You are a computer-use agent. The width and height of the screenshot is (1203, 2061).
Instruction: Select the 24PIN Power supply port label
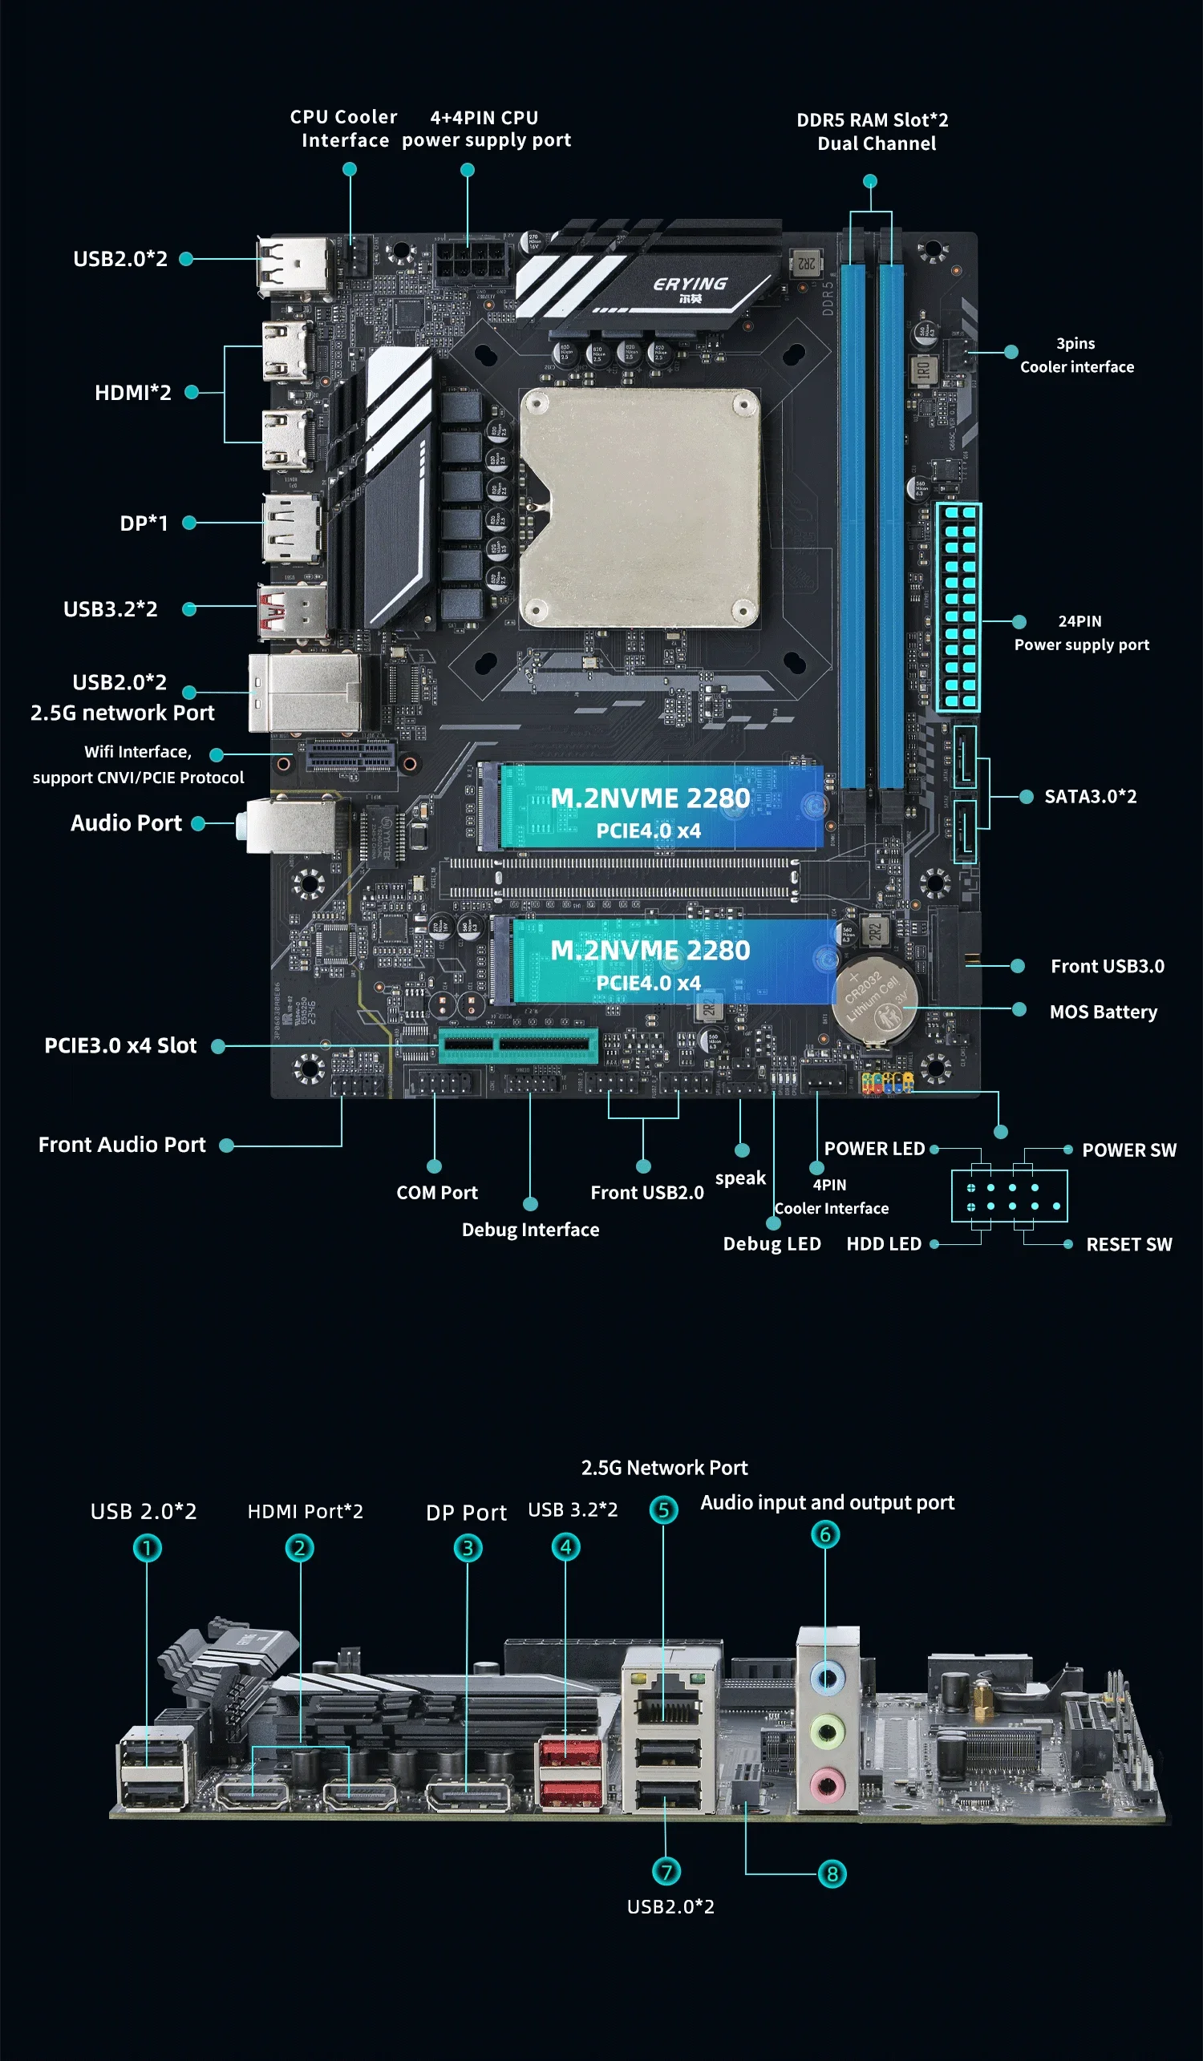tap(1081, 633)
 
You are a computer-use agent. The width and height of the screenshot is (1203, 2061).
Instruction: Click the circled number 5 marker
tap(664, 1509)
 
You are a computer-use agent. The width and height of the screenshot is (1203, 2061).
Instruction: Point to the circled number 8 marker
tap(832, 1873)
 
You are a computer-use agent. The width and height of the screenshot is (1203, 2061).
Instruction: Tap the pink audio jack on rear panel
tap(828, 1784)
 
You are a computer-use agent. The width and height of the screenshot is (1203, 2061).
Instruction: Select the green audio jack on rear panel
tap(828, 1732)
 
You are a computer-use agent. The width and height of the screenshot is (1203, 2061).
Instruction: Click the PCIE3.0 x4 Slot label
tap(120, 1046)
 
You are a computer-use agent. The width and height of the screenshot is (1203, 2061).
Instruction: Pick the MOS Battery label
tap(1104, 1012)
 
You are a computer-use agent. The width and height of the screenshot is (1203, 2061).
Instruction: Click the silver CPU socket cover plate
tap(640, 507)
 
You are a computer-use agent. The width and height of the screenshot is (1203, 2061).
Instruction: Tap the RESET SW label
tap(1128, 1245)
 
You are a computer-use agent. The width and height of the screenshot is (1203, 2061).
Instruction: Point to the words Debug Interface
tap(530, 1230)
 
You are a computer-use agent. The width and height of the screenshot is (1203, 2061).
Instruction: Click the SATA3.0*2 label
tap(1090, 797)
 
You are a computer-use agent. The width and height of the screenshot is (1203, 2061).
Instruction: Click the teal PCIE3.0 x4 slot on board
tap(518, 1046)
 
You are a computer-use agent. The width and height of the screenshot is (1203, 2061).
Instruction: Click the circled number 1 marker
tap(148, 1548)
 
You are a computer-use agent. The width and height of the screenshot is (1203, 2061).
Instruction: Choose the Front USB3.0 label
tap(1108, 967)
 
